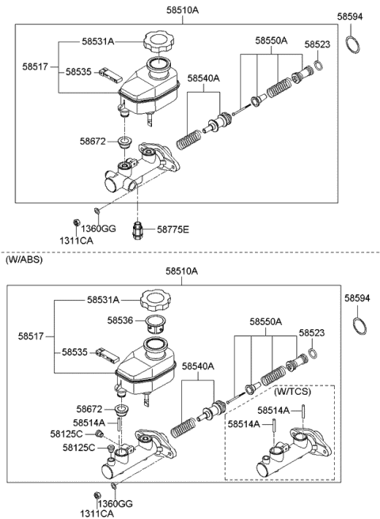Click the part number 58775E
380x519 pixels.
tap(173, 229)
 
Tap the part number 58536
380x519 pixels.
tap(123, 320)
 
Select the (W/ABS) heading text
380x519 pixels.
tap(24, 259)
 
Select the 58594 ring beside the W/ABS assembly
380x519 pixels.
tap(359, 325)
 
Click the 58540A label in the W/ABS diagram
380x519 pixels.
tap(198, 366)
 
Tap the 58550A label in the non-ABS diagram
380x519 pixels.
tap(271, 40)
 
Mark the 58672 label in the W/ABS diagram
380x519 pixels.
tap(91, 409)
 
